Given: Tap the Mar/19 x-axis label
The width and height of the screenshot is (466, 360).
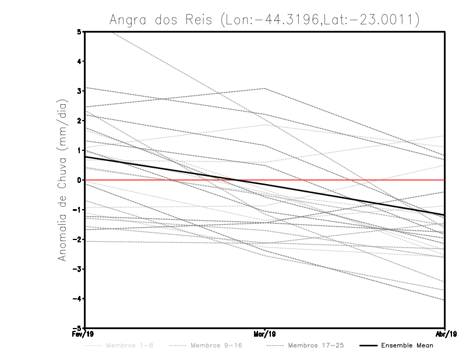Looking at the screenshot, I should tap(264, 334).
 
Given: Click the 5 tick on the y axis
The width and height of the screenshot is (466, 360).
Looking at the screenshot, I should tap(79, 31).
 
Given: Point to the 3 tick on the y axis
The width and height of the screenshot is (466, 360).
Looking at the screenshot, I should tap(79, 91).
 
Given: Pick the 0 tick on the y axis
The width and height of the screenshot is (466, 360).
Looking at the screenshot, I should tap(79, 180).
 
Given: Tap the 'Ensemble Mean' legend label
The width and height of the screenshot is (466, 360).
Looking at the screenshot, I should tap(407, 345).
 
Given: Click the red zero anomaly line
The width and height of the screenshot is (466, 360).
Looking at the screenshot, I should tap(349, 180).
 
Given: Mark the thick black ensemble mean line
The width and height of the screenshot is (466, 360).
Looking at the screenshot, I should tap(175, 170).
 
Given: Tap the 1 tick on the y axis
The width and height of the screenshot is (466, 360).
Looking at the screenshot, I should tap(79, 150).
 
